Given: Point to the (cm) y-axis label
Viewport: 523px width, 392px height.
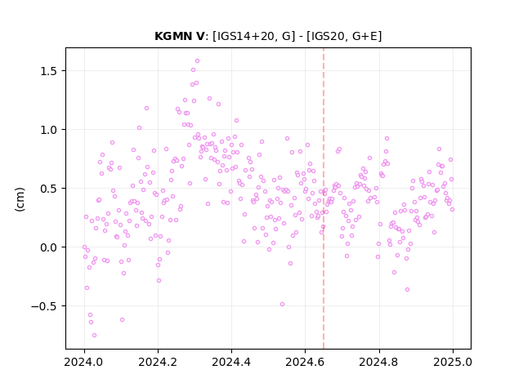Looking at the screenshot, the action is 20,199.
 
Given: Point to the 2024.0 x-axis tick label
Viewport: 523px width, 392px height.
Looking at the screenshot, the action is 84,362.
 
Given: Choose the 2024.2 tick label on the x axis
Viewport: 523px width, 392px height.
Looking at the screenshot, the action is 158,362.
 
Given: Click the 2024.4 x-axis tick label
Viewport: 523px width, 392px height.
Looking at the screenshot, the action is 231,362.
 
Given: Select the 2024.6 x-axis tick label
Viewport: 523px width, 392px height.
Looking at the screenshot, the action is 305,362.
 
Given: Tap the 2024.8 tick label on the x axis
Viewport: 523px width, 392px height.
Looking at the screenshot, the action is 379,362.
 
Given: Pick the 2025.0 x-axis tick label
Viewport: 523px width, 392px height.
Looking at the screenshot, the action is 453,362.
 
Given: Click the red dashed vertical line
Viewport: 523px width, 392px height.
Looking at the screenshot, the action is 324,198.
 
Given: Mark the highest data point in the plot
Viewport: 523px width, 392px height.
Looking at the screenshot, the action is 197,61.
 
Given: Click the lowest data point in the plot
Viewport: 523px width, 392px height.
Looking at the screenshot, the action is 95,336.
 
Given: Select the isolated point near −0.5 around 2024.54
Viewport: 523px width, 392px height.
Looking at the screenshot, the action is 282,305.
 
